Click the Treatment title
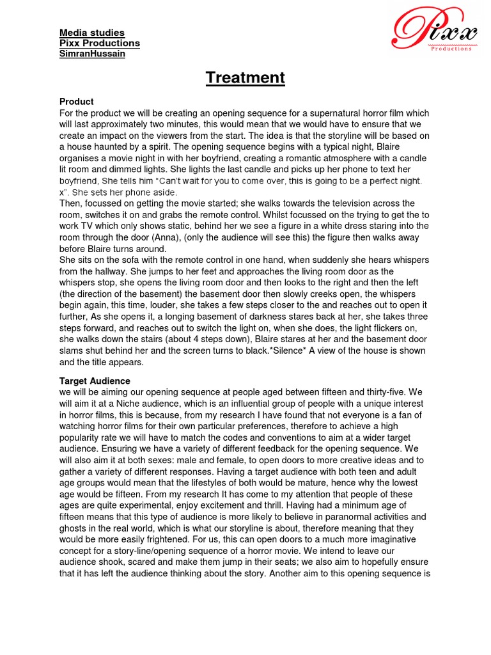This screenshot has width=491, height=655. pos(245,78)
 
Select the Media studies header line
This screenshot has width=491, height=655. pos(92,33)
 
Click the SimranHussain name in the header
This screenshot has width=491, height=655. pos(92,54)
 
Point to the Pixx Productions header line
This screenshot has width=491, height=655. pos(99,43)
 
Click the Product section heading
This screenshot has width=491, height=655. pos(77,102)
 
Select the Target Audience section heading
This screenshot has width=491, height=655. pos(95,381)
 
